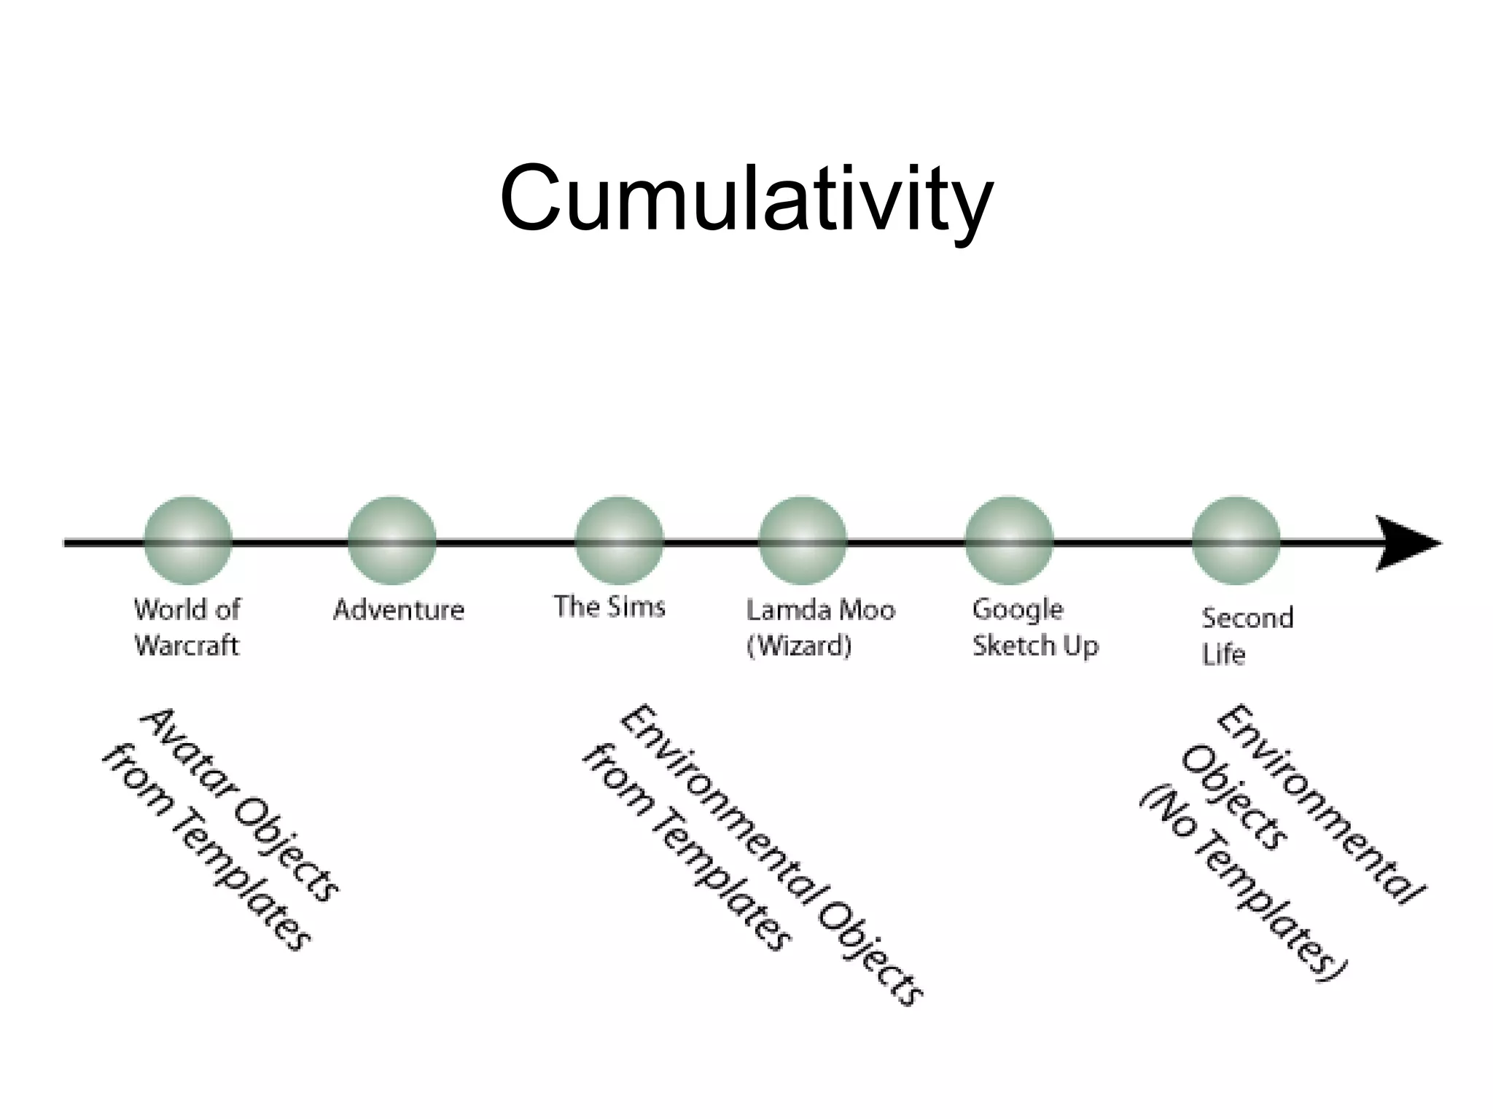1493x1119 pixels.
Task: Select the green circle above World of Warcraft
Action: (188, 541)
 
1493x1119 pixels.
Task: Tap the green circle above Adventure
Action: (392, 541)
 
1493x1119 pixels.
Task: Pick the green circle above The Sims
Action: (619, 541)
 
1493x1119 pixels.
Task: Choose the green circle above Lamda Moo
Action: (803, 541)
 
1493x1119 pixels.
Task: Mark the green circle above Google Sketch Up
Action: (1009, 541)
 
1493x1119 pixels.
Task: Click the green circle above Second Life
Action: (1236, 541)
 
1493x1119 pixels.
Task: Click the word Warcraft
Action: (187, 645)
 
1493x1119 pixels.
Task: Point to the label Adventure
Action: (399, 610)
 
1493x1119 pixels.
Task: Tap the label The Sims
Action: (609, 606)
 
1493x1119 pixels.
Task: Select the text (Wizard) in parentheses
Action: (799, 645)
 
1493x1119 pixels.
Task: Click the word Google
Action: (1018, 610)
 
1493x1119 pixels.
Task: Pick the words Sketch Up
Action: (1035, 645)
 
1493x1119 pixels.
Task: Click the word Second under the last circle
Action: (1247, 618)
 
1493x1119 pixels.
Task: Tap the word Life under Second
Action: (1223, 654)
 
